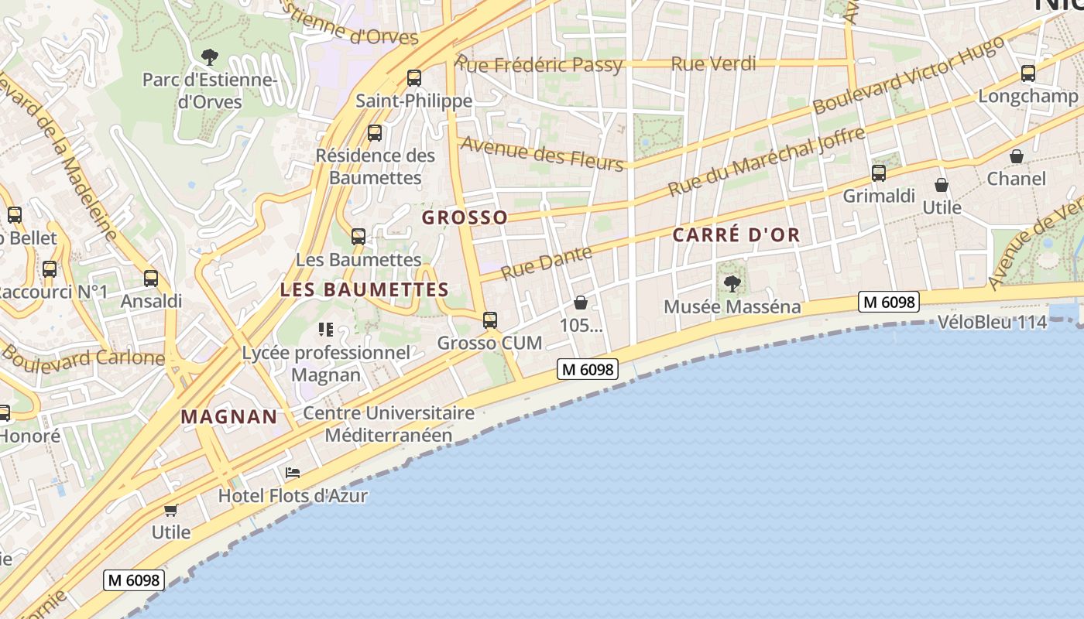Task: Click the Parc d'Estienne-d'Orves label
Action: (210, 91)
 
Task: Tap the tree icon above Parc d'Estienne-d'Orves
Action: (210, 56)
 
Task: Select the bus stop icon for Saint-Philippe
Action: (414, 77)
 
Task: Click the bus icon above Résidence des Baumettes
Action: (375, 133)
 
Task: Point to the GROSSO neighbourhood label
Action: (465, 217)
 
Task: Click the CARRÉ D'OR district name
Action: (736, 235)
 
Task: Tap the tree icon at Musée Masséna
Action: (732, 284)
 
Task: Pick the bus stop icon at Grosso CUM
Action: (489, 320)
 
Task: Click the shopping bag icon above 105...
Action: (581, 303)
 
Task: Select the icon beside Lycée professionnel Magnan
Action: (326, 330)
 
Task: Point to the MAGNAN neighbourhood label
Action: (229, 416)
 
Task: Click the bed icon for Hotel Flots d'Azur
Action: (293, 472)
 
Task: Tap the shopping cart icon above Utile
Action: (170, 510)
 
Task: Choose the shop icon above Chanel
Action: (1017, 157)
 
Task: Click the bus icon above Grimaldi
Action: (879, 173)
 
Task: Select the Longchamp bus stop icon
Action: (1028, 74)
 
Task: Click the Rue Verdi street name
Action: (713, 63)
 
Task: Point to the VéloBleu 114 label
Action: (992, 322)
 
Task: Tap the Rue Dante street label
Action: (546, 262)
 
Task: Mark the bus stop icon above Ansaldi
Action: (151, 279)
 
